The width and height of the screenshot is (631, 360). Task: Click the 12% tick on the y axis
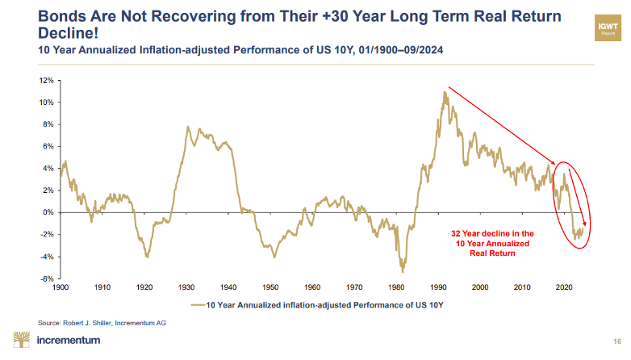pyautogui.click(x=46, y=81)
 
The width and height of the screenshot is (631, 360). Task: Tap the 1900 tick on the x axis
pyautogui.click(x=60, y=287)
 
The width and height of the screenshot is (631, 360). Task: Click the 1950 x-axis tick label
pyautogui.click(x=270, y=287)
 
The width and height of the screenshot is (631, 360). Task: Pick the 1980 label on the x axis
pyautogui.click(x=396, y=287)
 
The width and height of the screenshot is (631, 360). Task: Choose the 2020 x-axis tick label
pyautogui.click(x=565, y=287)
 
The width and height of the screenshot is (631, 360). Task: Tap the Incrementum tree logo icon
pyautogui.click(x=21, y=339)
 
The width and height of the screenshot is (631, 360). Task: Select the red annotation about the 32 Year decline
pyautogui.click(x=491, y=243)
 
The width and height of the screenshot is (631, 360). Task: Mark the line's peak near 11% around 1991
pyautogui.click(x=444, y=92)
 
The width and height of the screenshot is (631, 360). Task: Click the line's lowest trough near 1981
pyautogui.click(x=402, y=270)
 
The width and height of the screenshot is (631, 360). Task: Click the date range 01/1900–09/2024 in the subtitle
pyautogui.click(x=376, y=50)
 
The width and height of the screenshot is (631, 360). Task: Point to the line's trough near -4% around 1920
pyautogui.click(x=147, y=257)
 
